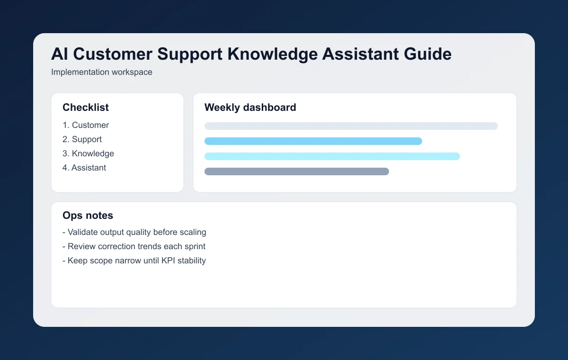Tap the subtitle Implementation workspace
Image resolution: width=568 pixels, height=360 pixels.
click(102, 72)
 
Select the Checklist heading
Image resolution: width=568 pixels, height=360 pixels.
click(86, 108)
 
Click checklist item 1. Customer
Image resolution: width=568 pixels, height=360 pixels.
click(86, 125)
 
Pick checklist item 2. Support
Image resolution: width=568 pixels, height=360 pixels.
click(82, 139)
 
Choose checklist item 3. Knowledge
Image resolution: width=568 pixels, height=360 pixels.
click(89, 153)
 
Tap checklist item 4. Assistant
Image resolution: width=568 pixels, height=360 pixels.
click(84, 168)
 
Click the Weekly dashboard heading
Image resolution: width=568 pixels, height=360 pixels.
click(250, 108)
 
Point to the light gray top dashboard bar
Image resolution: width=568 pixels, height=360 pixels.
click(351, 126)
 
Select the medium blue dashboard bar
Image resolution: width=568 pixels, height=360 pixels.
click(313, 141)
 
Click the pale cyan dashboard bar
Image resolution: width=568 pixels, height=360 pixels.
click(332, 156)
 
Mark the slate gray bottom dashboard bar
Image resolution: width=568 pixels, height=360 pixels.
click(297, 171)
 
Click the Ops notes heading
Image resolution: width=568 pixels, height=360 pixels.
click(88, 216)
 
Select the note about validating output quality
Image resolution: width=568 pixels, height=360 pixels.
click(134, 232)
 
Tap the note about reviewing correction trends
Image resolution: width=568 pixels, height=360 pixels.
click(134, 246)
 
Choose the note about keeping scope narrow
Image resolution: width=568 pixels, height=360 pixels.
click(134, 261)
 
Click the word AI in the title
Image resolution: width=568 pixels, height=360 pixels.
click(59, 54)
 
